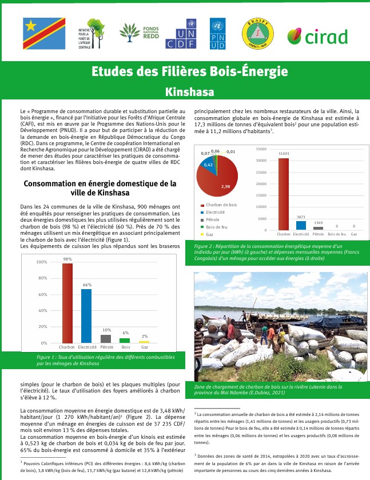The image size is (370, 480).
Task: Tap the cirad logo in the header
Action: click(325, 37)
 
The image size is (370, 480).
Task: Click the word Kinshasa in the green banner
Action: click(185, 91)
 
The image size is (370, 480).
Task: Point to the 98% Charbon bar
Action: click(67, 303)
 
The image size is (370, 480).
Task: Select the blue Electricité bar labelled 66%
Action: click(86, 315)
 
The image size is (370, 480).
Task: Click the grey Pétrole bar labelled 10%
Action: click(106, 338)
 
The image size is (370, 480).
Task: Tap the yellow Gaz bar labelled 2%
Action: click(145, 342)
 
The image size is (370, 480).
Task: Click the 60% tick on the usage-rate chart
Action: click(42, 294)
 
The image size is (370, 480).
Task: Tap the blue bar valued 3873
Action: click(301, 225)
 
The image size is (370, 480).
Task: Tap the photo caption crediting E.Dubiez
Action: click(269, 390)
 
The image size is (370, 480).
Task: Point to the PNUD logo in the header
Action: click(218, 33)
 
